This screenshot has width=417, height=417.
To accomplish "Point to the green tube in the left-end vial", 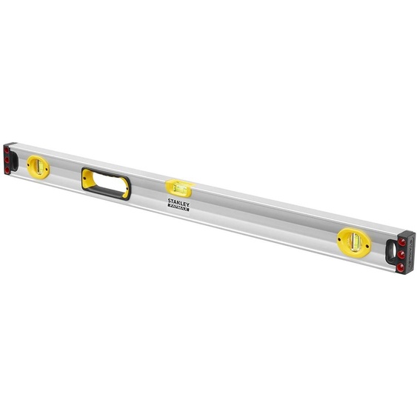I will (x=36, y=165).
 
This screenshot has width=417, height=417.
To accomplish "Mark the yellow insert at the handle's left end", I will (x=87, y=176).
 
